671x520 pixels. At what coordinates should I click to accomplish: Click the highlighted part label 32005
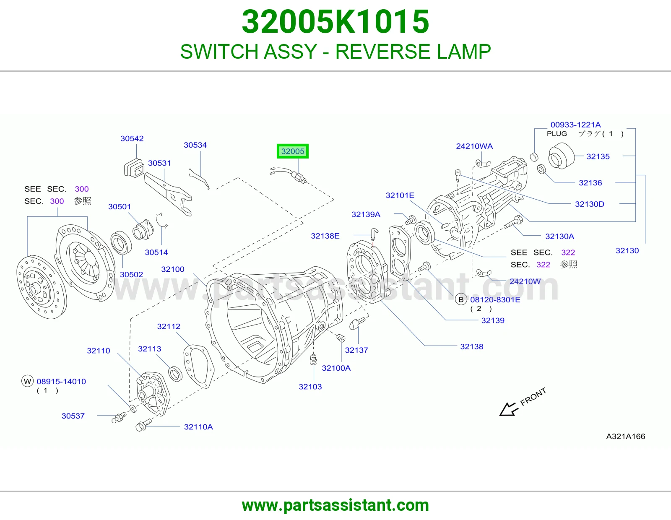tap(292, 151)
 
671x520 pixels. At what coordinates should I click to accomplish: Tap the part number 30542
tap(132, 138)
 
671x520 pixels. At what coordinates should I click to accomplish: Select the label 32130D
tap(590, 204)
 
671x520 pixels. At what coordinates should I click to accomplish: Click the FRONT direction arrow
tap(509, 409)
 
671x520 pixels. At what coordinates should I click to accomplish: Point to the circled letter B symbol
tap(461, 299)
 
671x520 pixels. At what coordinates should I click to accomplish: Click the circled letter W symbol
tap(28, 381)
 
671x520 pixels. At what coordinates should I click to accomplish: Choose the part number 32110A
tap(198, 427)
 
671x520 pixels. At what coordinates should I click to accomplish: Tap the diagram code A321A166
tap(626, 436)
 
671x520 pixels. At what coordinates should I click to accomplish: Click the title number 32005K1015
tap(335, 22)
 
